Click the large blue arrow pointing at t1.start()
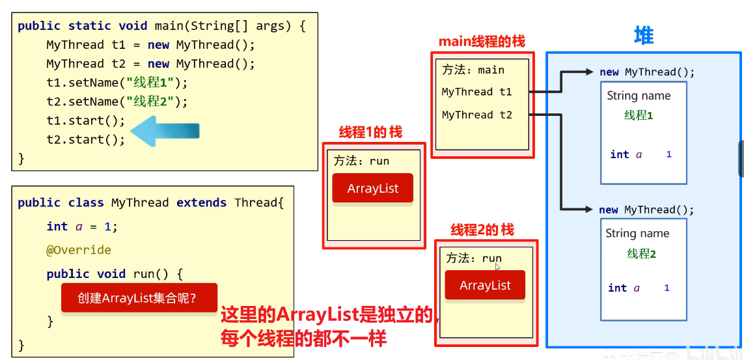pyautogui.click(x=165, y=130)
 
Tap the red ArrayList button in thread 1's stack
pyautogui.click(x=372, y=189)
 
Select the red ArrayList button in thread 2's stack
pyautogui.click(x=485, y=285)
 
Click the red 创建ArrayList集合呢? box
pyautogui.click(x=139, y=298)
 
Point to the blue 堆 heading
pyautogui.click(x=643, y=36)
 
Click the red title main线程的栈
pyautogui.click(x=482, y=42)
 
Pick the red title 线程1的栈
pyautogui.click(x=370, y=132)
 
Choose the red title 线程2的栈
pyautogui.click(x=482, y=230)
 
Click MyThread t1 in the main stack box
pyautogui.click(x=476, y=92)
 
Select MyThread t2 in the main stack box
pyautogui.click(x=476, y=115)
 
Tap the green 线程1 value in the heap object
pyautogui.click(x=639, y=116)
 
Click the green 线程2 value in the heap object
pyautogui.click(x=641, y=254)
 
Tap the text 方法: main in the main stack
pyautogui.click(x=473, y=70)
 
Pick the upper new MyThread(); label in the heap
pyautogui.click(x=647, y=72)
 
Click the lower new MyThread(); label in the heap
pyautogui.click(x=646, y=210)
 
